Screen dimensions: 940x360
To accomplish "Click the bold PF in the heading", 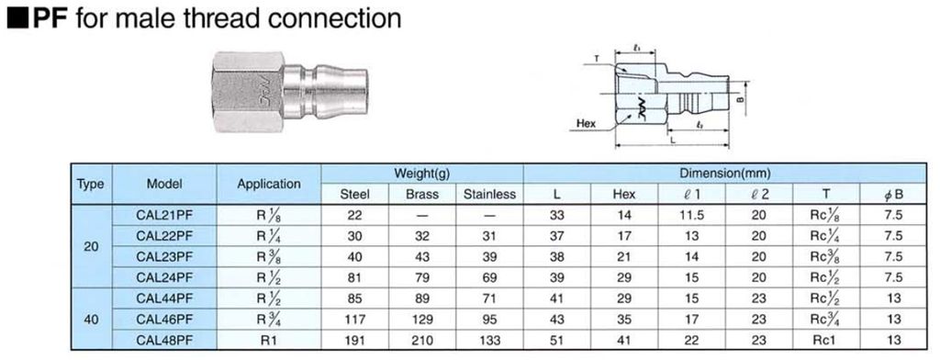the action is tap(52, 18).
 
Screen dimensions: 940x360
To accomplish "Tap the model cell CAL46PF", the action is tap(164, 320).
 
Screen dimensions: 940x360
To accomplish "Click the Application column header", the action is tap(269, 185).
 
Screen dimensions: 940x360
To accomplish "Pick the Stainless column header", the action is tap(489, 195).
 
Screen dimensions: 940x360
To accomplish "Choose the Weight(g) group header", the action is tap(422, 174).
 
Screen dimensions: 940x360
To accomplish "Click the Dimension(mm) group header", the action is tap(724, 174).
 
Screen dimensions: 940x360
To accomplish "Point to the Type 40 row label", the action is tap(91, 320).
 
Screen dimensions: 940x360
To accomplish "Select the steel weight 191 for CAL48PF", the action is tap(355, 340).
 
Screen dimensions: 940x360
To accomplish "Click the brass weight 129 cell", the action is tap(422, 320).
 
